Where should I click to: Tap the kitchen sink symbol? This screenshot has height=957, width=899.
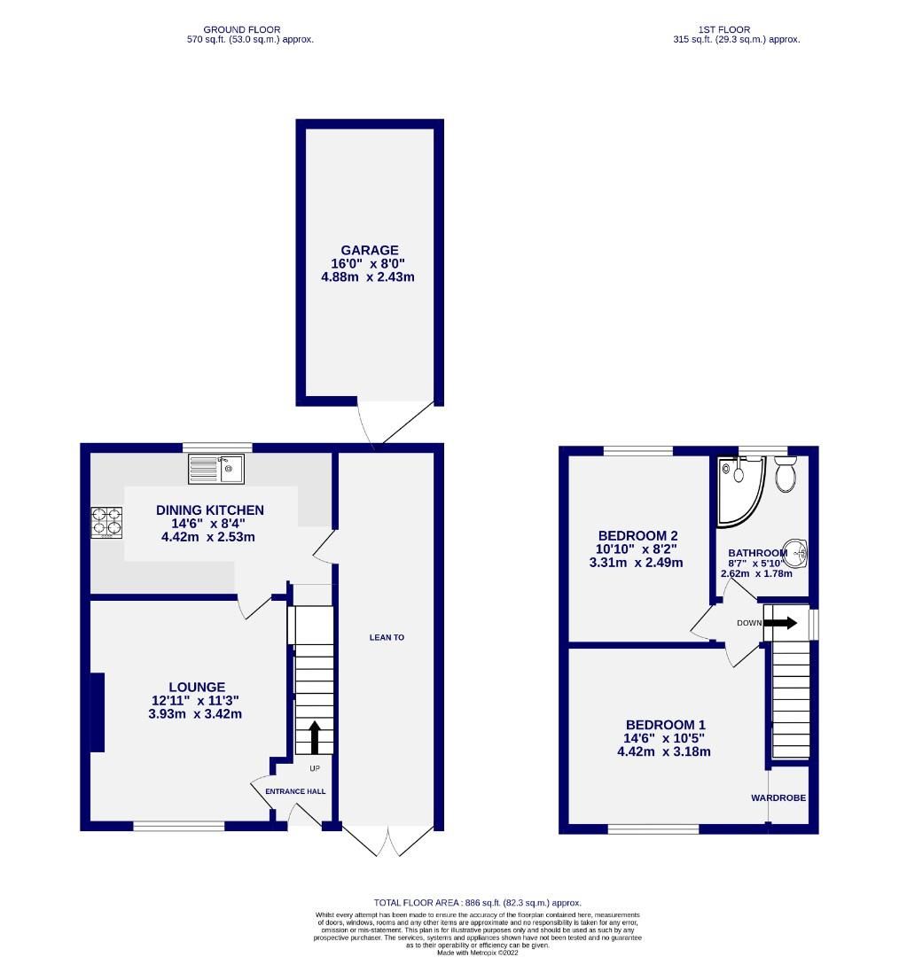(215, 469)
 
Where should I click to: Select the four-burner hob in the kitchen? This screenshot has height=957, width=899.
(106, 522)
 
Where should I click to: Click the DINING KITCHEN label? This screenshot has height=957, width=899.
(209, 510)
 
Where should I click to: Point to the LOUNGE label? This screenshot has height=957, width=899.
(197, 687)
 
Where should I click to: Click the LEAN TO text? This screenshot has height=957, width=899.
(387, 637)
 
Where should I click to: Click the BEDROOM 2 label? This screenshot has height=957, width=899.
(637, 535)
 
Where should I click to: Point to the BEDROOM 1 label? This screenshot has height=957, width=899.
(664, 723)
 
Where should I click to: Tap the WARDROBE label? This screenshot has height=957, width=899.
(778, 797)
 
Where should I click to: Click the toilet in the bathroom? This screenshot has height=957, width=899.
(785, 474)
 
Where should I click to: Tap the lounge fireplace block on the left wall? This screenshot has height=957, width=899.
(97, 712)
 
